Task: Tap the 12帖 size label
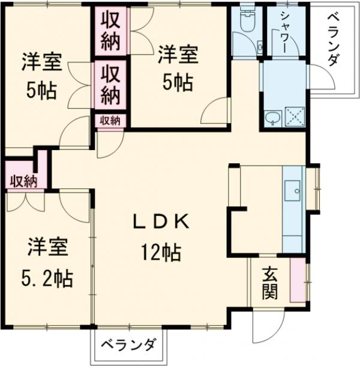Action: coord(161,253)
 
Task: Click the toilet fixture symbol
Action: coord(247,23)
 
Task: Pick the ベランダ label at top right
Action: coord(334,42)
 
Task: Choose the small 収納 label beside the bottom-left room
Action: coord(23,181)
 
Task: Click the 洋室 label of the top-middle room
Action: coord(178,55)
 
